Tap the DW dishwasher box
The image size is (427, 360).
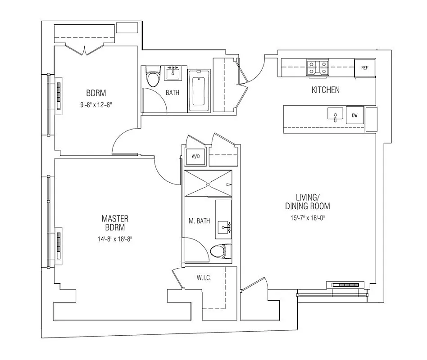(x=355, y=116)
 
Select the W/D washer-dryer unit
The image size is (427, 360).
(x=195, y=157)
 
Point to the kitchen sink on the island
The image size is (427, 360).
(x=336, y=115)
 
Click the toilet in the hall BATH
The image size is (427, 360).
(x=154, y=76)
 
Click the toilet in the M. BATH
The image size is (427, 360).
(x=221, y=251)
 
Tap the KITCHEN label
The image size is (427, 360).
(x=326, y=90)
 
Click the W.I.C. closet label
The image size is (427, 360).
(x=204, y=278)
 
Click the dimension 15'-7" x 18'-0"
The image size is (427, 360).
(x=308, y=219)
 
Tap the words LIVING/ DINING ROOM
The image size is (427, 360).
(x=308, y=202)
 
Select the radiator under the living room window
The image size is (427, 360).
(x=347, y=285)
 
